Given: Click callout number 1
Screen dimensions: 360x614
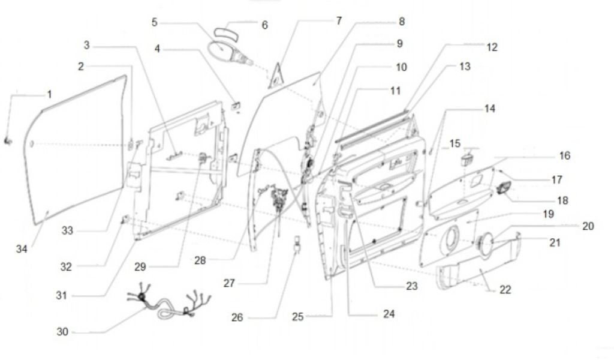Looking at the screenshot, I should (49, 94).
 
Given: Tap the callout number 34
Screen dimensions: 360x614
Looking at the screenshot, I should (22, 249).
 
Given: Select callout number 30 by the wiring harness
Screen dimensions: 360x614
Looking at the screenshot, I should (63, 332).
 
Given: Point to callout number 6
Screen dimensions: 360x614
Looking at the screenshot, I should (264, 25).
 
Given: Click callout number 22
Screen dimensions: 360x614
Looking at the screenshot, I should (505, 290).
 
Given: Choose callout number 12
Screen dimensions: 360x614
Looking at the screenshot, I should (492, 47).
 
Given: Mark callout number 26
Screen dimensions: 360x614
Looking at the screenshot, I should (237, 317).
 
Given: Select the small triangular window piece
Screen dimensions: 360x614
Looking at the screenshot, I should (276, 77).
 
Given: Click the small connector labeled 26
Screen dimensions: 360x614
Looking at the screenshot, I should (297, 246).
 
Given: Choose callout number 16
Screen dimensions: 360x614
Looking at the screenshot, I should (564, 155).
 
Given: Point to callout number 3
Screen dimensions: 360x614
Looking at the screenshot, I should (87, 45).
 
